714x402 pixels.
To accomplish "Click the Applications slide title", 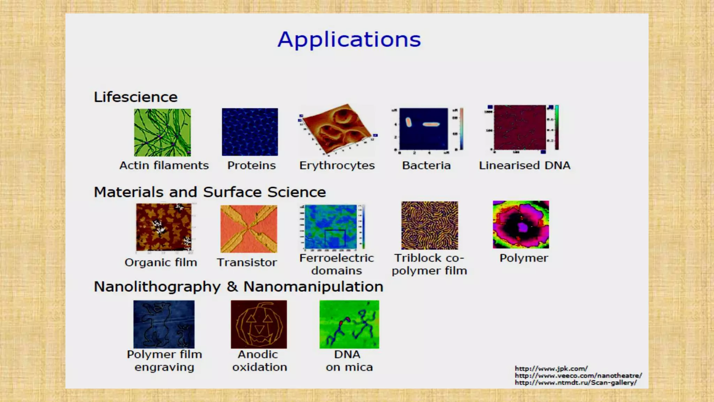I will click(x=349, y=39).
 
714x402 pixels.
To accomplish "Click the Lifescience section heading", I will click(x=136, y=97).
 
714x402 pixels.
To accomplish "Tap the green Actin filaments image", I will click(x=162, y=132).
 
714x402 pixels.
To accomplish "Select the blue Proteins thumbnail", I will click(x=250, y=132).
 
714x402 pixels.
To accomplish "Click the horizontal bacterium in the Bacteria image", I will click(x=431, y=124).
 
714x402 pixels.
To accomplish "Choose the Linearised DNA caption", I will click(x=524, y=165).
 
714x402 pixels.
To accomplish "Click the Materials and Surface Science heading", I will click(x=210, y=192).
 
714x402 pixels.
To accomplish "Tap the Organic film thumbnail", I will click(x=164, y=227).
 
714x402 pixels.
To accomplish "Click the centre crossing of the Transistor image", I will click(x=249, y=229).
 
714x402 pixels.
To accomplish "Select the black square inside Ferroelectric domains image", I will click(x=335, y=239).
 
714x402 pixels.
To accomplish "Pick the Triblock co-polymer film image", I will click(x=430, y=225).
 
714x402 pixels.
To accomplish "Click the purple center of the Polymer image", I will click(x=522, y=228).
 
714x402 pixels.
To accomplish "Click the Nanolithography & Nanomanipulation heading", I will click(x=238, y=287).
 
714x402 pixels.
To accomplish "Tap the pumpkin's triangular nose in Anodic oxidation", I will click(x=259, y=329).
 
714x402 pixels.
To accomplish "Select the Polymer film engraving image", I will click(x=164, y=324).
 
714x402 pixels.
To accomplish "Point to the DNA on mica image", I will click(x=349, y=324).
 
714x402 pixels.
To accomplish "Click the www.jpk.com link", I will click(x=551, y=368).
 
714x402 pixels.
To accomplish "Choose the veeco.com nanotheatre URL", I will click(x=578, y=375).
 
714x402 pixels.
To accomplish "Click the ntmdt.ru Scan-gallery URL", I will click(x=576, y=382).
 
